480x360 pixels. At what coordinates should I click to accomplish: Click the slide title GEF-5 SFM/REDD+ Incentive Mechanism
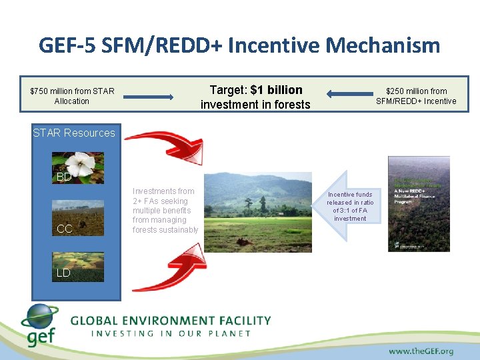[239, 45]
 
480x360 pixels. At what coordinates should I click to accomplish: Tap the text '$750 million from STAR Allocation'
[72, 96]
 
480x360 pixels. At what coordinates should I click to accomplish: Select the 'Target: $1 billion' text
[256, 90]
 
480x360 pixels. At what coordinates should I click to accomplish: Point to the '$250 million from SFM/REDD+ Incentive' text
[416, 96]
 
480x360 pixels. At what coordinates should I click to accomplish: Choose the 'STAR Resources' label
[74, 133]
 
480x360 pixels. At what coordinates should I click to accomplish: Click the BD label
[64, 177]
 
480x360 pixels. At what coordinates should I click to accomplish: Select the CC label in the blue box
[64, 229]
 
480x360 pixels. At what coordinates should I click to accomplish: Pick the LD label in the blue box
[63, 273]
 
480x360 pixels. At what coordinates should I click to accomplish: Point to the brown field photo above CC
[78, 215]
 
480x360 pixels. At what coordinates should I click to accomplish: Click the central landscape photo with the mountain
[257, 212]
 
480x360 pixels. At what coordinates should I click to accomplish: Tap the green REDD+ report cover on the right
[419, 203]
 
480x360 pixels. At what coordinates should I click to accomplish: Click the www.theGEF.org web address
[421, 351]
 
